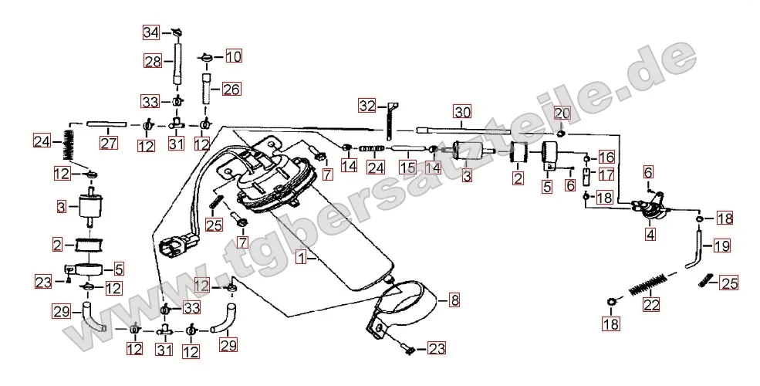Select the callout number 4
651,232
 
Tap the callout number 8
454,297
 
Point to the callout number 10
233,56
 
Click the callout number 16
605,157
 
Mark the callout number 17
606,174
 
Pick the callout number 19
721,247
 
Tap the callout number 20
561,113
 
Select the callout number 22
651,304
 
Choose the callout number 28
152,61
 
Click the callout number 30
461,111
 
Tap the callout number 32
366,105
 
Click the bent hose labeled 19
696,255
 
